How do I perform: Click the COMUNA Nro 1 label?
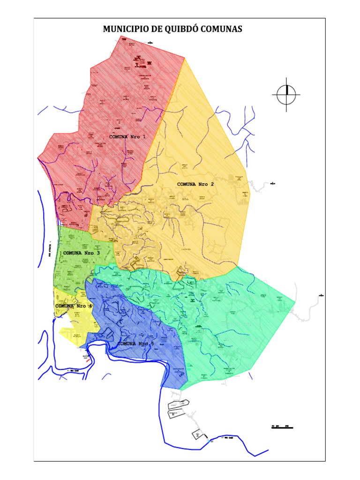point(127,137)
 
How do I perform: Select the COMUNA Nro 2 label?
point(195,184)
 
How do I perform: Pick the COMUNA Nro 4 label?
point(74,306)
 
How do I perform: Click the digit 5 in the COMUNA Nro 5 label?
point(152,344)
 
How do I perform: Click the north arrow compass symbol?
point(286,95)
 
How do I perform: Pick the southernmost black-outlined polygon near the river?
point(197,435)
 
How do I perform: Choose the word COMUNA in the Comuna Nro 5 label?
point(127,344)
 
